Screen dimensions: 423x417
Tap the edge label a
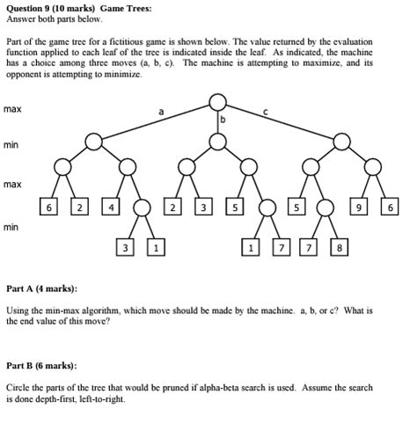click(x=160, y=112)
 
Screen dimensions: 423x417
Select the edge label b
click(x=223, y=119)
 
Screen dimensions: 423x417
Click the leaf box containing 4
click(x=112, y=208)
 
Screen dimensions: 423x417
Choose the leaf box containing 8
click(x=337, y=248)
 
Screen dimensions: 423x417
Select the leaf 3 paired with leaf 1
click(x=126, y=248)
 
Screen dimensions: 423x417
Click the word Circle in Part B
click(x=18, y=388)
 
